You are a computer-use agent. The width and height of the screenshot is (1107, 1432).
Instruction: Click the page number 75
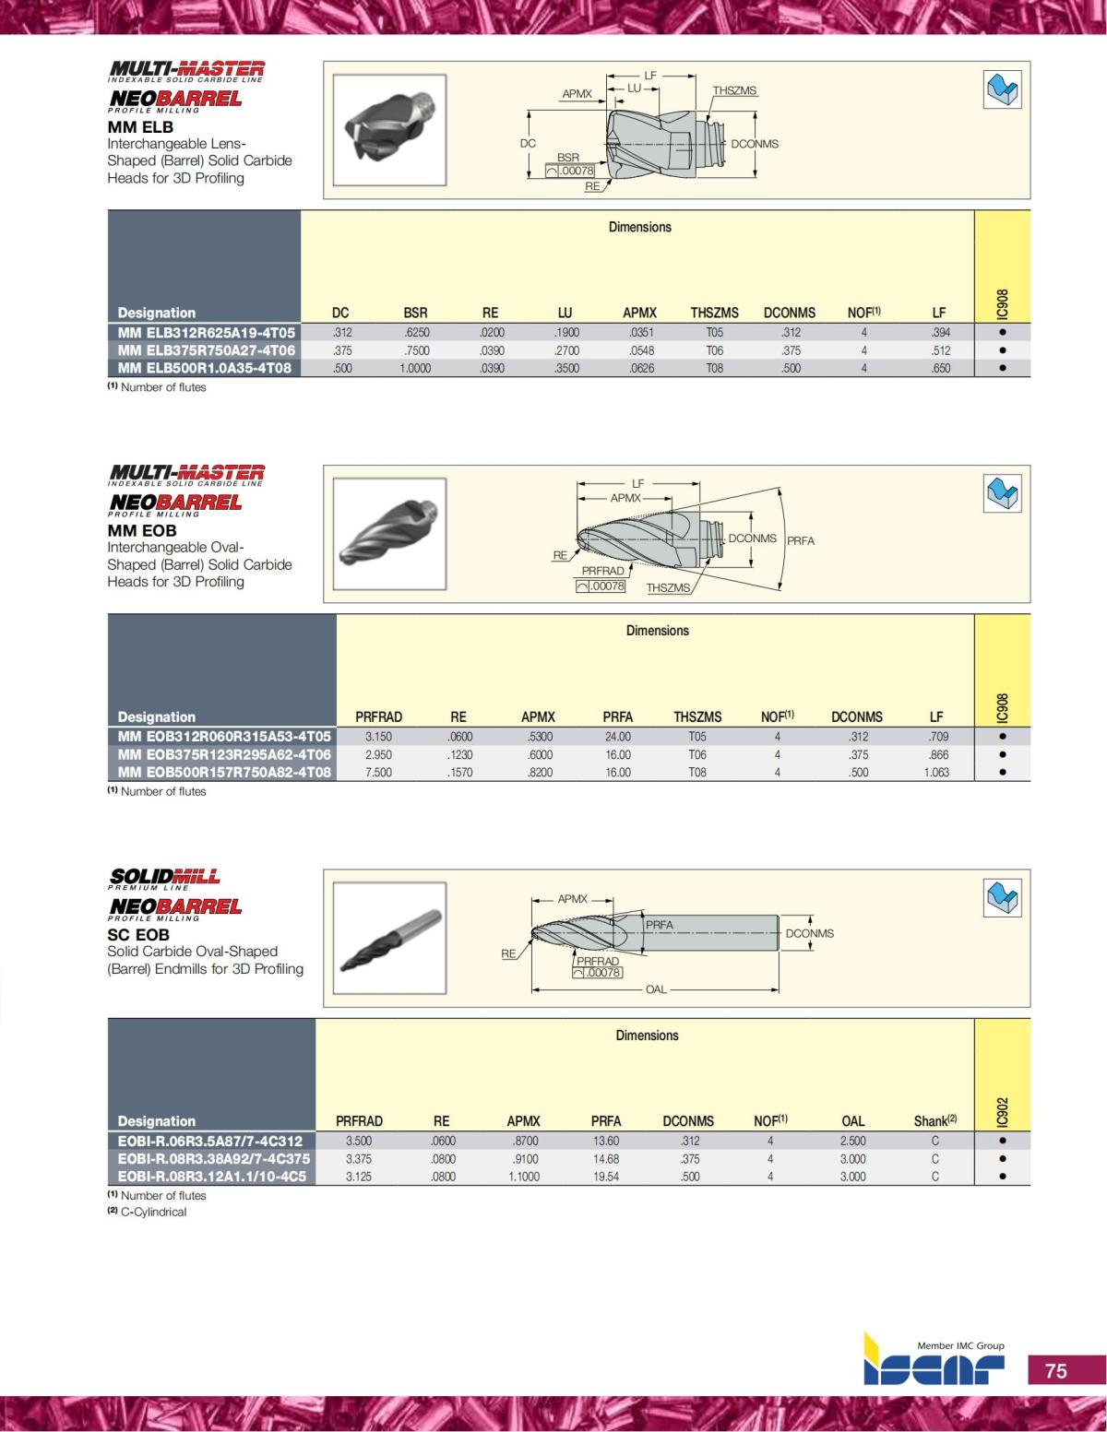tap(1056, 1371)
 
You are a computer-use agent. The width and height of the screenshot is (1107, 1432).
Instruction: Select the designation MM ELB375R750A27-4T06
tap(206, 350)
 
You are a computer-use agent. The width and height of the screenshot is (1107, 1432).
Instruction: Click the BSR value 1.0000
tap(415, 368)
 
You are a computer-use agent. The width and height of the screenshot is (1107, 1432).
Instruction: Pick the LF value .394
tap(940, 333)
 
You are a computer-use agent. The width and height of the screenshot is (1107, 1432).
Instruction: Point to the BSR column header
tap(415, 313)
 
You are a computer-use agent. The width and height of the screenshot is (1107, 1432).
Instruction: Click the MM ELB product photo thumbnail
tap(389, 130)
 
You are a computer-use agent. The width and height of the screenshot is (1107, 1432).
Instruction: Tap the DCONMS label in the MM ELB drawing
tap(754, 144)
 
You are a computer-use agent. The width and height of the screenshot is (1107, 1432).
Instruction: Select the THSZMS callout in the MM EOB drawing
tap(668, 587)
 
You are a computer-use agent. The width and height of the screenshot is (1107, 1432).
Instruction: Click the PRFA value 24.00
tap(617, 737)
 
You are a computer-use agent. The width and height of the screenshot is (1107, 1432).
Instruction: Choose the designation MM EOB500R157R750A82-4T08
tap(223, 772)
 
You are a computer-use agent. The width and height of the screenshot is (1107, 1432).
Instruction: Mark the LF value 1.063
tap(936, 772)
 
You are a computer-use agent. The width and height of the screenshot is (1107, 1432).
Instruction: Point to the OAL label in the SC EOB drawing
tap(655, 989)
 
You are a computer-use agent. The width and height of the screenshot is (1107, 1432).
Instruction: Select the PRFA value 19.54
tap(605, 1177)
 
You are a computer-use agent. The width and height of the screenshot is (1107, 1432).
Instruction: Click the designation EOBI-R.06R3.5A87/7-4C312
tap(210, 1141)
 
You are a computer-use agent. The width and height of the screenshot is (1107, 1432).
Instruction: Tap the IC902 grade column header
tap(1002, 1111)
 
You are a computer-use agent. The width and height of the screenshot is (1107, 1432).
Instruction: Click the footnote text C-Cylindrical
tap(153, 1212)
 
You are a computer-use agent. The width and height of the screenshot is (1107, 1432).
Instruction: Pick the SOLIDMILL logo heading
tap(165, 878)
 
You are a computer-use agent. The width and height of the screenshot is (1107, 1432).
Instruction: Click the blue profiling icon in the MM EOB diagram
tap(1002, 493)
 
